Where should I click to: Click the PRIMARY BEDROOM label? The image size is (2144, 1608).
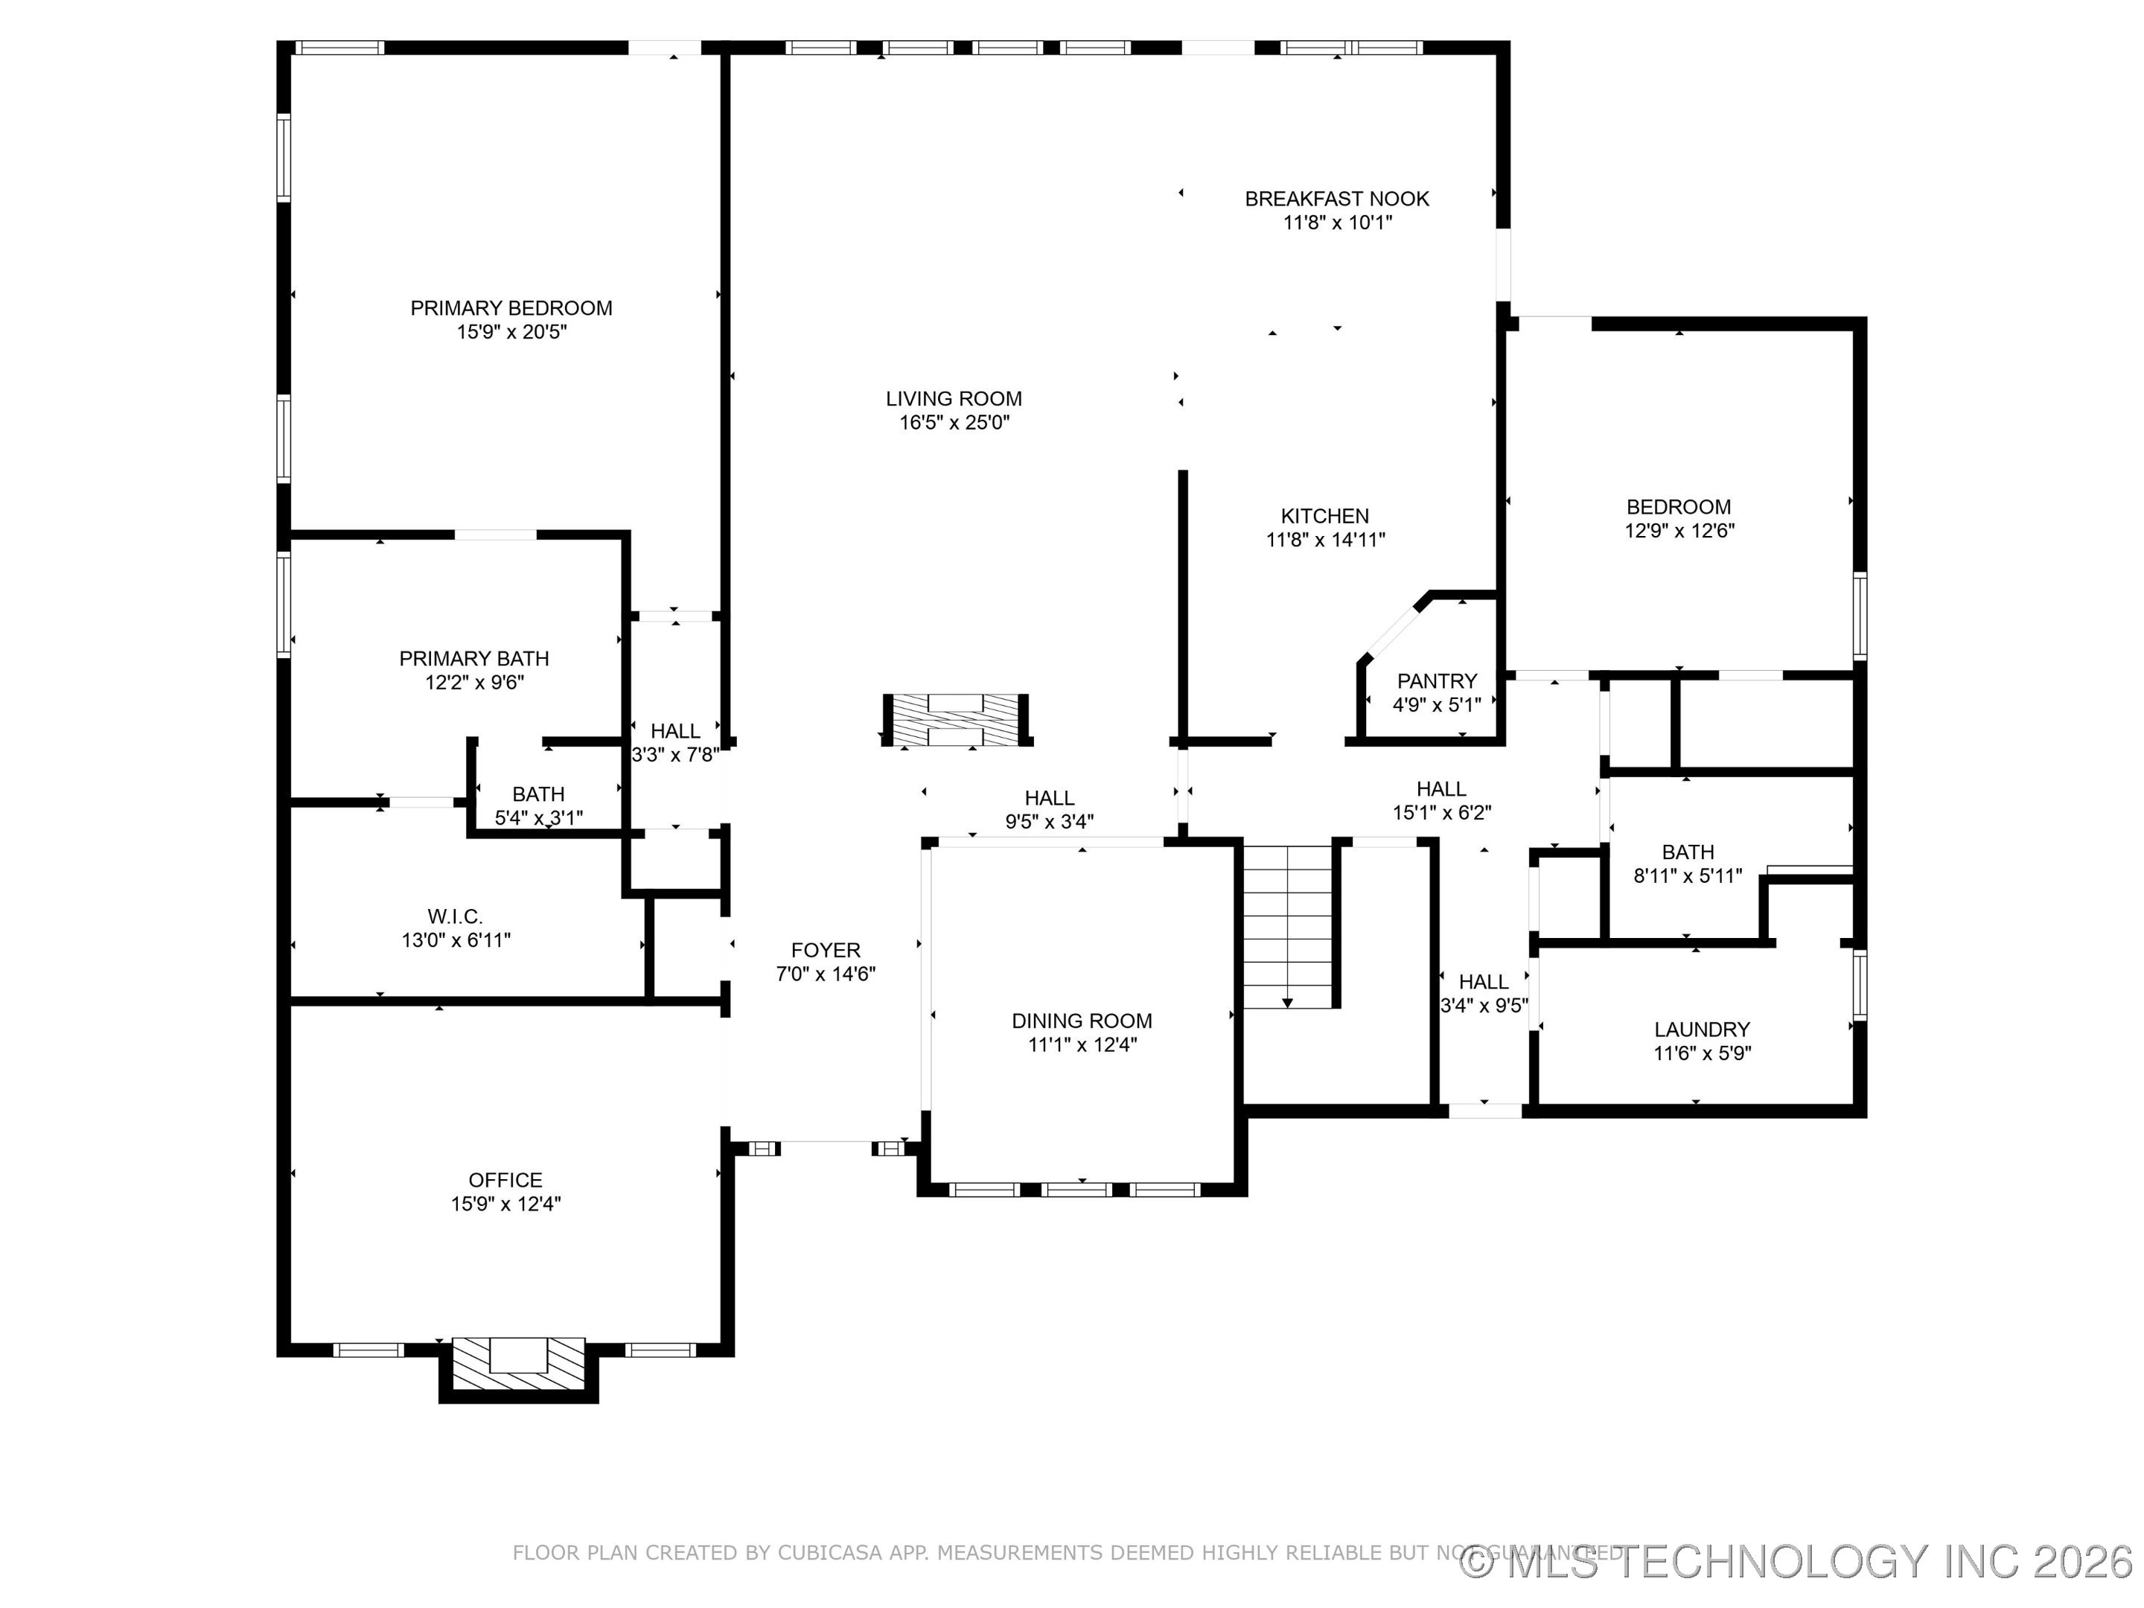click(511, 308)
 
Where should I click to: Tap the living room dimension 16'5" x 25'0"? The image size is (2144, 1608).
click(954, 423)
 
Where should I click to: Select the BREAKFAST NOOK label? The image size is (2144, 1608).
click(1336, 199)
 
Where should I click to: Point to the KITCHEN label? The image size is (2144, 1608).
click(1324, 517)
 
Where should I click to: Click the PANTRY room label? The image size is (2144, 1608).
click(1437, 681)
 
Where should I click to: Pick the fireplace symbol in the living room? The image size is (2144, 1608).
click(954, 720)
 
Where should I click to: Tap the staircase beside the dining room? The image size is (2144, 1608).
click(1287, 925)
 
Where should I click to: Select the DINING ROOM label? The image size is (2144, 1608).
click(1082, 1021)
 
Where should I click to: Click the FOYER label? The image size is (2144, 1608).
click(825, 951)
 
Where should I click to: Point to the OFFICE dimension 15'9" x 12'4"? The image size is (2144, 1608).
click(505, 1204)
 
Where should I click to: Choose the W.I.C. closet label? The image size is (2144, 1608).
click(455, 916)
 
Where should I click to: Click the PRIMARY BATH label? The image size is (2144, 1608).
click(474, 659)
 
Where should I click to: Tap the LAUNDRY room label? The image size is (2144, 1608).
click(1701, 1030)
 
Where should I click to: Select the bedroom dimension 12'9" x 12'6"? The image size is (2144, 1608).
click(1679, 531)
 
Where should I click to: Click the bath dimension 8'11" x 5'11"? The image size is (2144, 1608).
click(1688, 876)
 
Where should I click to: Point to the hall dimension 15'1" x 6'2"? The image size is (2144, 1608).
click(1441, 813)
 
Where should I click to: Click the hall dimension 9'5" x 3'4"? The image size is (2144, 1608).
click(1049, 822)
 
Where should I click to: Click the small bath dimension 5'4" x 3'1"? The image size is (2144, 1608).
click(538, 818)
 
